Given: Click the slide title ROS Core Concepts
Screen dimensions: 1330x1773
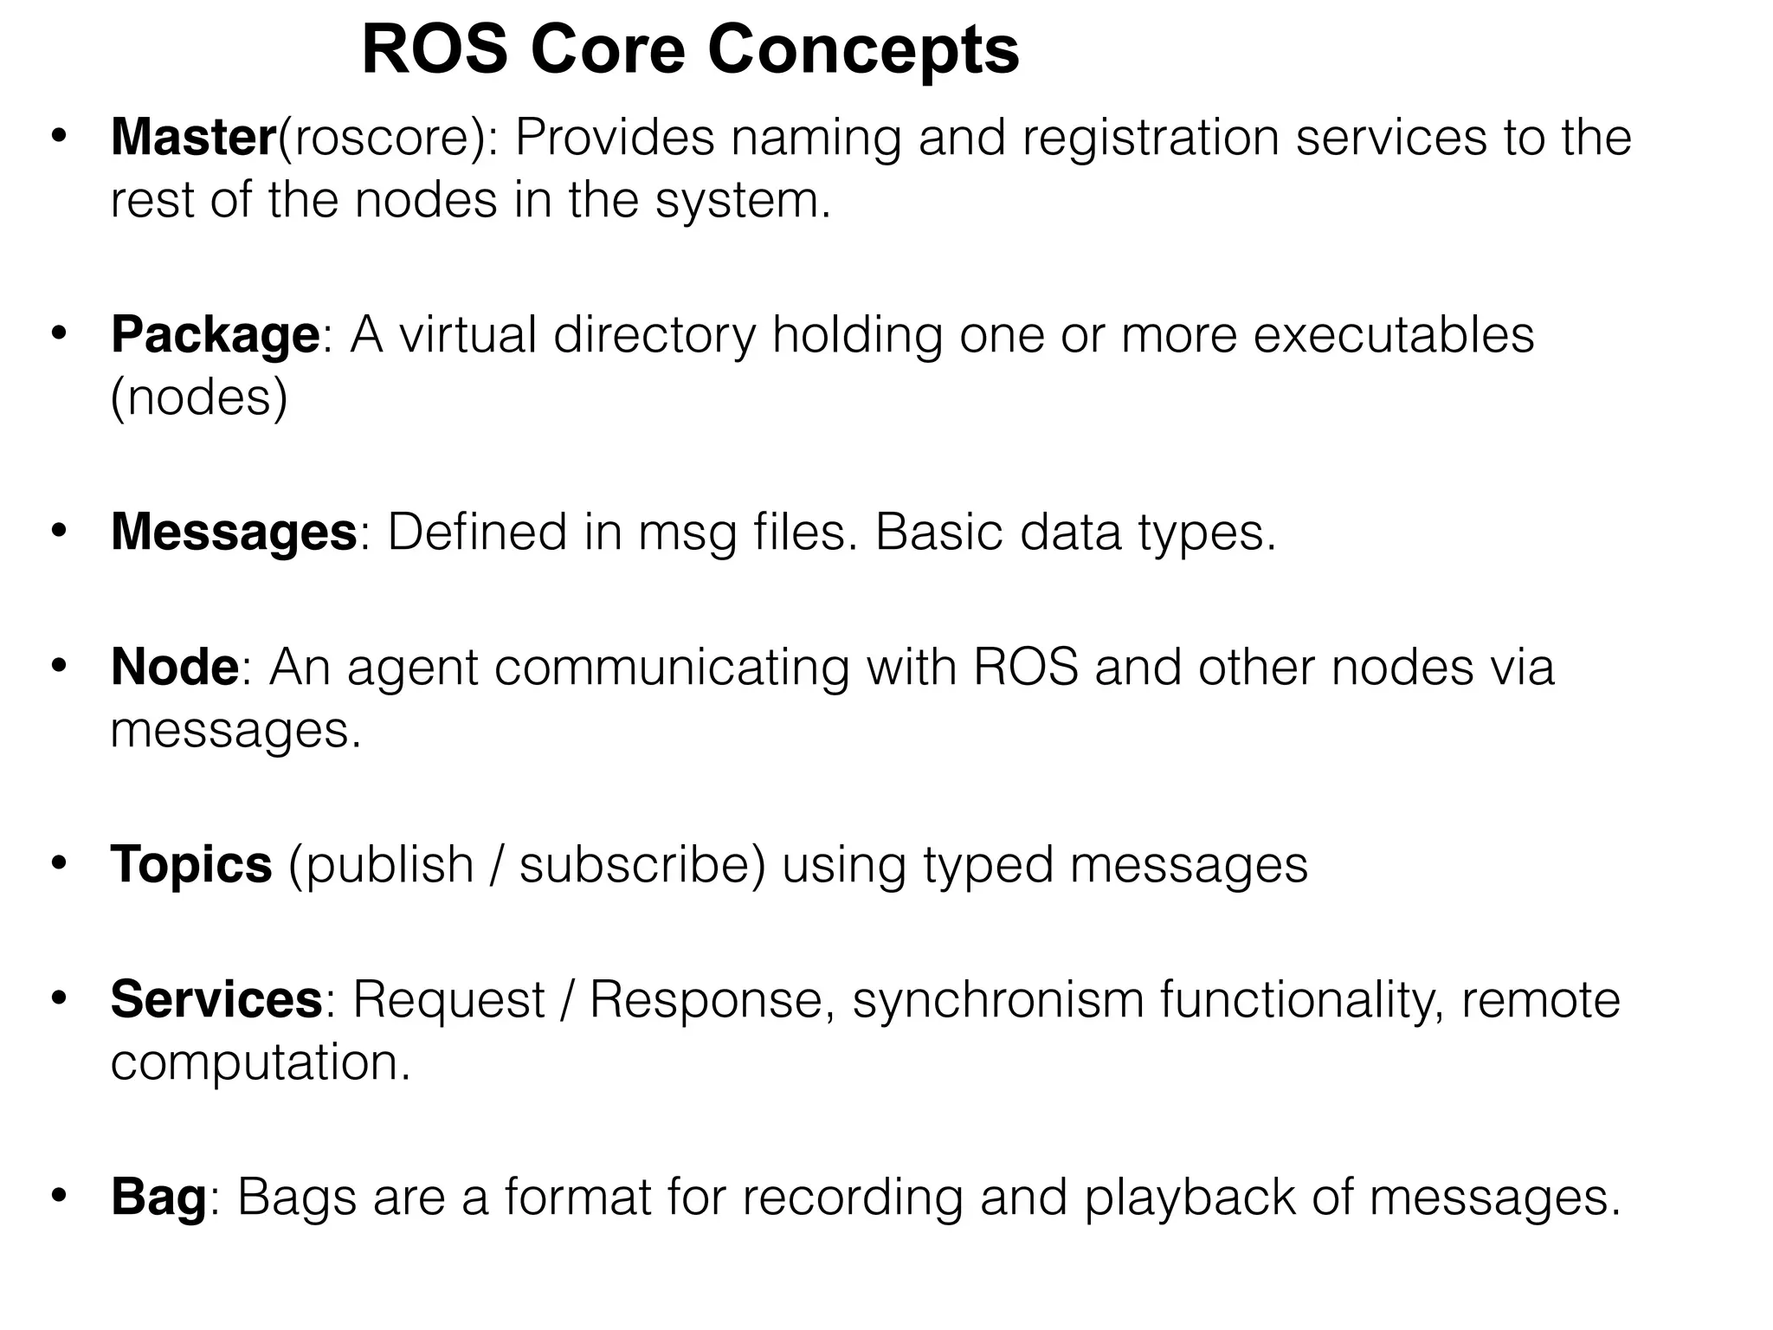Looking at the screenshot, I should pyautogui.click(x=690, y=50).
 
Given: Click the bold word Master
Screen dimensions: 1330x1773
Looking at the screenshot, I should pyautogui.click(x=193, y=137).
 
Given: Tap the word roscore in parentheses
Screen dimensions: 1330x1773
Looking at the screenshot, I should pyautogui.click(x=384, y=137).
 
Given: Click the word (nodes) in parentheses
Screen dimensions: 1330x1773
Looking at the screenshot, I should pyautogui.click(x=199, y=397).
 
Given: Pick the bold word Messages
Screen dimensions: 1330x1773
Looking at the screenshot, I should pyautogui.click(x=234, y=531).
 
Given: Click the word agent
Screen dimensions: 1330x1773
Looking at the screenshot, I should pyautogui.click(x=413, y=668).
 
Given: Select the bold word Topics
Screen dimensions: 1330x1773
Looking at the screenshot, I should pyautogui.click(x=191, y=864).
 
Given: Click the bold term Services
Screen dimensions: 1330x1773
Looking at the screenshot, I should pyautogui.click(x=216, y=999).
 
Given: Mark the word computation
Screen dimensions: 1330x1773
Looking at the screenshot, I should pyautogui.click(x=259, y=1062).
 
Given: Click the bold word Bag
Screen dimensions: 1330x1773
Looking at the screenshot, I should pyautogui.click(x=159, y=1198).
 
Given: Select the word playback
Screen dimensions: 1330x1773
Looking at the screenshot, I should pyautogui.click(x=1190, y=1198).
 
